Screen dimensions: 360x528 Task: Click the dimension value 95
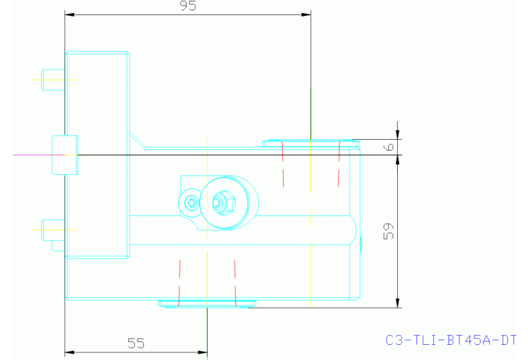pos(187,6)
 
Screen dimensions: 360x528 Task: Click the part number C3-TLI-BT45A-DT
pos(451,340)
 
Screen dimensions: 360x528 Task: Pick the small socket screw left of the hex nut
pos(191,202)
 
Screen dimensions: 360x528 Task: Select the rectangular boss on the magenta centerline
pos(65,155)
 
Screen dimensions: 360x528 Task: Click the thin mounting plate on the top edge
pos(310,143)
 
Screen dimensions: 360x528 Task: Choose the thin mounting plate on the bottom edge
pos(207,303)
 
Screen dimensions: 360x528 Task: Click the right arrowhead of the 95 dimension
pos(306,14)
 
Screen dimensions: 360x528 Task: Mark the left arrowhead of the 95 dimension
pos(69,14)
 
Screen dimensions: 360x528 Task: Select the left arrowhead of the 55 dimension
pos(69,352)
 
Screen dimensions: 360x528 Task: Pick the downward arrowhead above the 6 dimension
pos(397,135)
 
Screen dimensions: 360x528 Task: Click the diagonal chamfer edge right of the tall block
pos(137,140)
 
